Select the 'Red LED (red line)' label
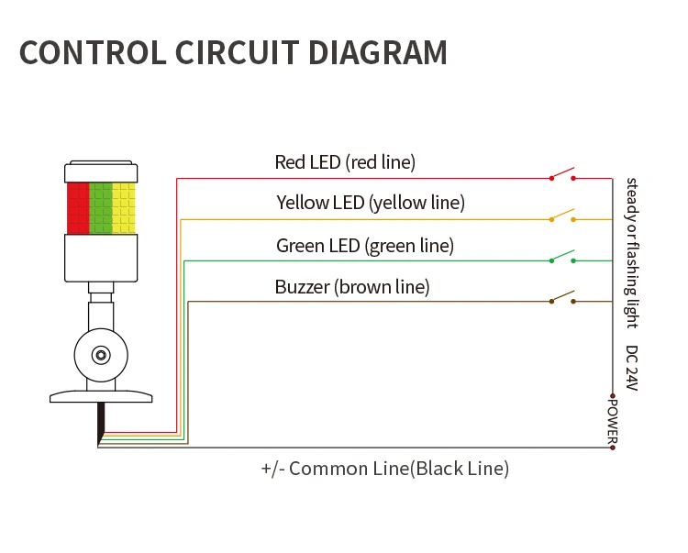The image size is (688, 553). click(x=345, y=162)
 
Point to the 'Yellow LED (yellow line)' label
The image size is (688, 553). click(x=371, y=203)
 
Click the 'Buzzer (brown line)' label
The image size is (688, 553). click(x=352, y=287)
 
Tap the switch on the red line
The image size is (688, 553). click(x=562, y=174)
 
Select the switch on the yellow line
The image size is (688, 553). click(x=562, y=216)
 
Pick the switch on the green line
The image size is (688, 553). click(x=562, y=257)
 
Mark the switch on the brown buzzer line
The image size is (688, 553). click(x=562, y=298)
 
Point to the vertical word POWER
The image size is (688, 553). click(x=613, y=420)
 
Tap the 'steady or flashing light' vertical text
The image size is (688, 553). click(x=631, y=252)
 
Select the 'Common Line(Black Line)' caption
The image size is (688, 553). click(x=385, y=469)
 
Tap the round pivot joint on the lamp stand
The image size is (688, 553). click(x=100, y=354)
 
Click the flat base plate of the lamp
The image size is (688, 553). click(x=100, y=396)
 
